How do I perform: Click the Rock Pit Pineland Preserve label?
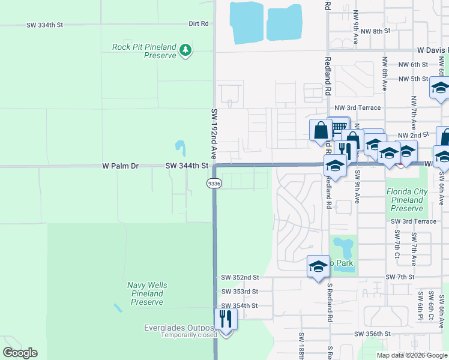coord(144,51)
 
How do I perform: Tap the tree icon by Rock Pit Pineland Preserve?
coord(186,50)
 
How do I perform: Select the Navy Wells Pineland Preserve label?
coord(147,293)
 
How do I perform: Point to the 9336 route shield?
coord(214,183)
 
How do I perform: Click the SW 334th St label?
coord(44,25)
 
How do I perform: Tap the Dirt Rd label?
coord(198,24)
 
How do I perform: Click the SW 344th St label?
coord(187,165)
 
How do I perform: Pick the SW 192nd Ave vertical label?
coord(214,133)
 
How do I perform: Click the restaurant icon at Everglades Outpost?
coord(226,319)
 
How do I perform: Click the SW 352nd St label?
coord(240,277)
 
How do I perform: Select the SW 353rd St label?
coord(240,292)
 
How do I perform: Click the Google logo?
coord(20,352)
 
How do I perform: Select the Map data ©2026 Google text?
coord(411,355)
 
